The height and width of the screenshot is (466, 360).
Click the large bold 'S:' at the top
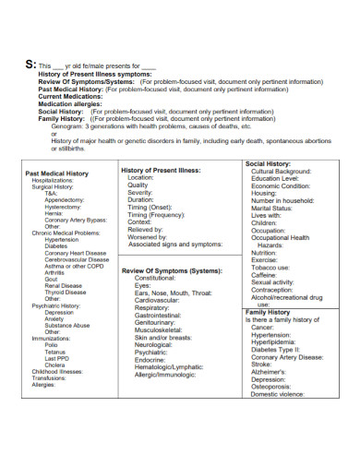30,66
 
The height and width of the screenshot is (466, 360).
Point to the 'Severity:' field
140,192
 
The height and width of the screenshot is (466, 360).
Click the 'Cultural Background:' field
286,173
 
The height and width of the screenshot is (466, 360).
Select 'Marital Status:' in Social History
277,209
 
